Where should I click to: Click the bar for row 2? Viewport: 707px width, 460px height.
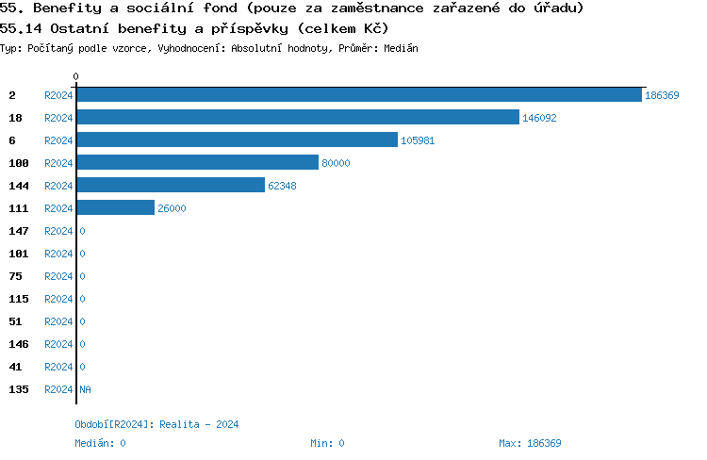click(358, 94)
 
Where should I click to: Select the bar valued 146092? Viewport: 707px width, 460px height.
click(298, 117)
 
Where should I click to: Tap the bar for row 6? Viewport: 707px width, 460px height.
click(237, 140)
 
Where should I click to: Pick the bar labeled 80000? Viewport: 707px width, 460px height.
click(197, 162)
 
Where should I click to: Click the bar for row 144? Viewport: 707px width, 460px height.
click(171, 185)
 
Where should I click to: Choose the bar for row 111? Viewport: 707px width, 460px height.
click(115, 207)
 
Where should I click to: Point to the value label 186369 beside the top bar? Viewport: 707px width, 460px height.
click(662, 95)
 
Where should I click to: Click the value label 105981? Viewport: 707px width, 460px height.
click(418, 140)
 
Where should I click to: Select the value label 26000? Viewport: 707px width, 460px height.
click(172, 208)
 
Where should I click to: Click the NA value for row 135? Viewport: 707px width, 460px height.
click(85, 389)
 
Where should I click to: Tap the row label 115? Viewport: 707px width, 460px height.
click(19, 299)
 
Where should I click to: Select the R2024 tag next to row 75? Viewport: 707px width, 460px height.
click(58, 276)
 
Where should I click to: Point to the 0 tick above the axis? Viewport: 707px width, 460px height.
click(75, 76)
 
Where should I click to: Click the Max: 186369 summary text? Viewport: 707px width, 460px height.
click(530, 443)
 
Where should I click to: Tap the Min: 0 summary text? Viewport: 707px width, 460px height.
click(327, 443)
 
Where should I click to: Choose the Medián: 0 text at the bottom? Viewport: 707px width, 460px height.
click(100, 443)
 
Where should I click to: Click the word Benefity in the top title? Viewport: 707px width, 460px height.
click(65, 8)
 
